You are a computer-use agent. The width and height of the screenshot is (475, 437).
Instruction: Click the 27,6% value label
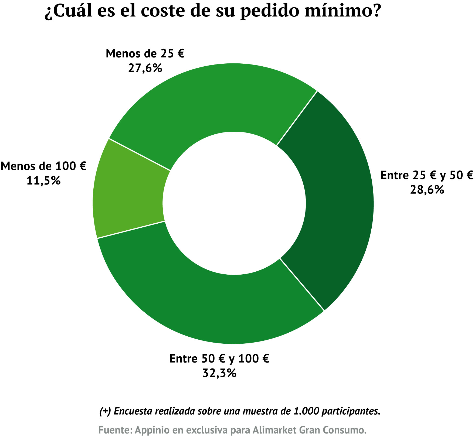pos(145,68)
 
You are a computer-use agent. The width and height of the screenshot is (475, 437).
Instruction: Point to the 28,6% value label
pos(427,190)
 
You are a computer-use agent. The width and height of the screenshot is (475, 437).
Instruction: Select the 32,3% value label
pos(219,373)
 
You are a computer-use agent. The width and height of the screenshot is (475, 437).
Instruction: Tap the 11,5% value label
pos(43,180)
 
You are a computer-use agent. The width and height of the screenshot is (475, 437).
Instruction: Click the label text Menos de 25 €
pos(145,54)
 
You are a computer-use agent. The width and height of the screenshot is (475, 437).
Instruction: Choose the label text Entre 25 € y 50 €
pos(427,175)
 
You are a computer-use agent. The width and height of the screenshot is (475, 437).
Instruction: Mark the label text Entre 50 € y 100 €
pos(219,359)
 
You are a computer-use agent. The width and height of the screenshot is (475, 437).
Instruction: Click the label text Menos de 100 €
pos(43,166)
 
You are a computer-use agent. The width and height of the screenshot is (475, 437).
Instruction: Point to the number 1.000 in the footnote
pos(306,411)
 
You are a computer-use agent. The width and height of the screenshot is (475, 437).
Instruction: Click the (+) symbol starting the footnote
pos(105,411)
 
